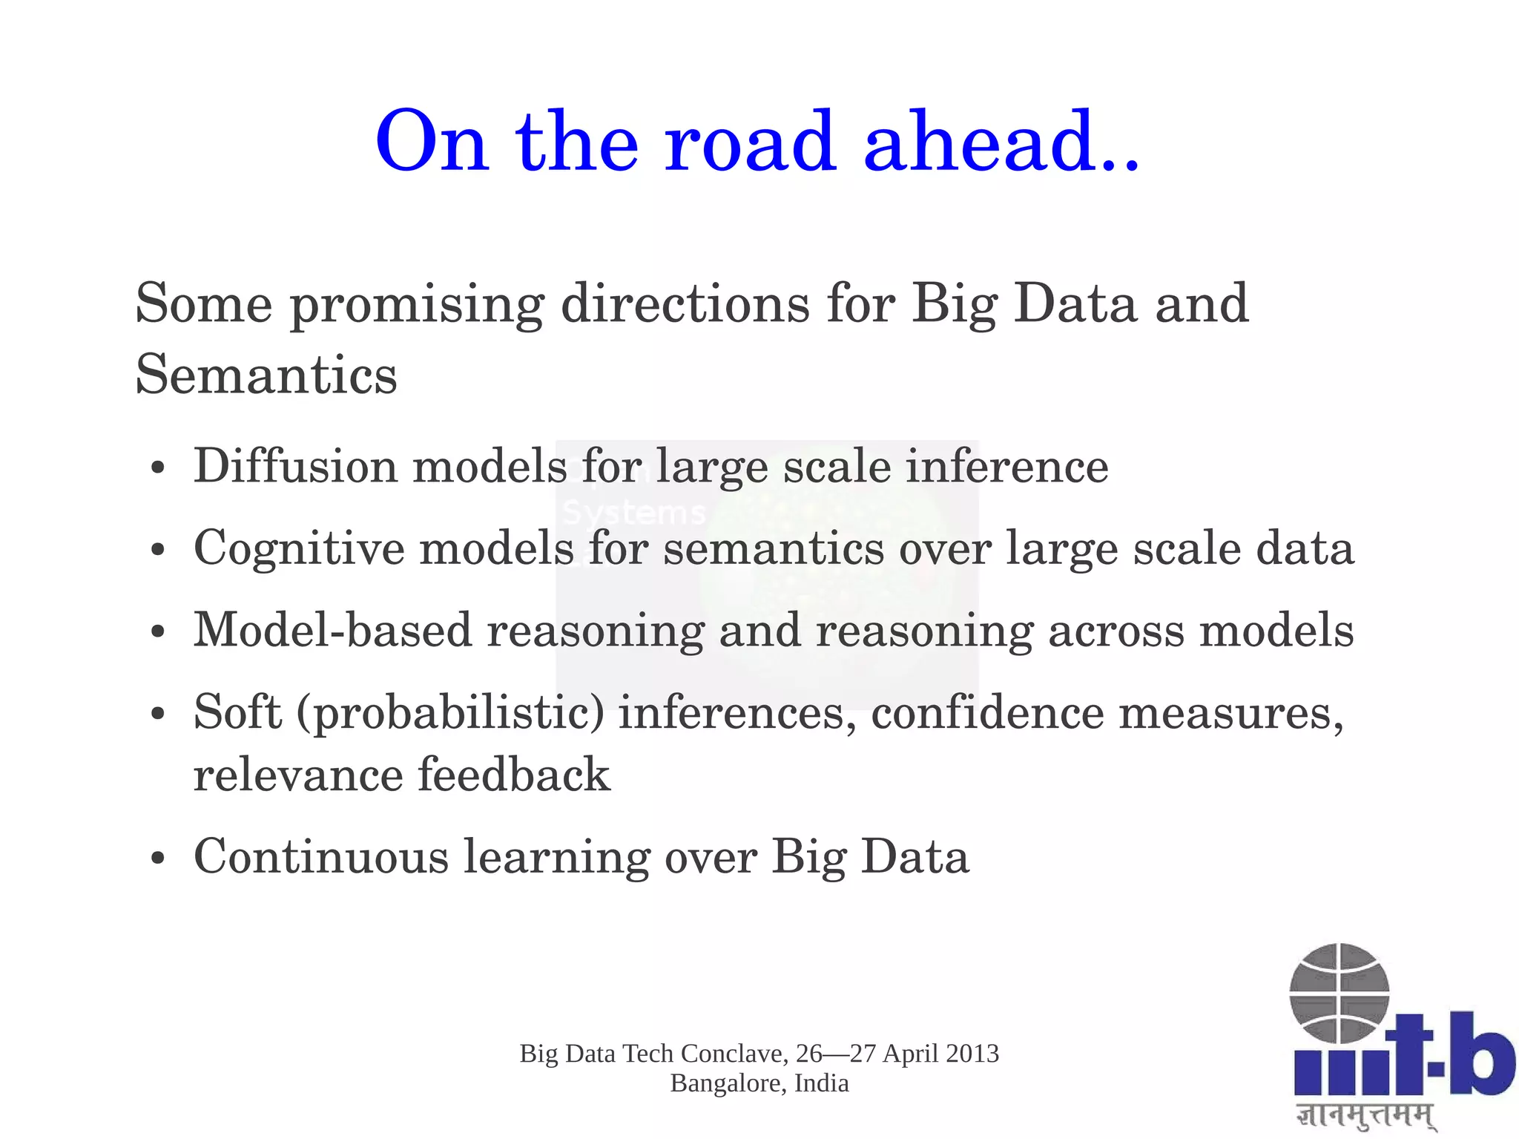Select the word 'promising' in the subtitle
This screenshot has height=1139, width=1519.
(x=417, y=306)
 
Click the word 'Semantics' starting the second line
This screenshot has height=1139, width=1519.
(x=266, y=375)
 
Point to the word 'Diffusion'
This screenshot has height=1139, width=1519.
(x=296, y=467)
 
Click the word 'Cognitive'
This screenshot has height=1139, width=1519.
(x=300, y=549)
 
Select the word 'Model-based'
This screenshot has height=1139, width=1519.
(x=333, y=631)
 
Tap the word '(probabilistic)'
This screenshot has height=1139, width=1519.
(x=450, y=714)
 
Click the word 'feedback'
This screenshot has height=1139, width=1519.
(x=514, y=775)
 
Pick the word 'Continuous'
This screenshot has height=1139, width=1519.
(x=321, y=857)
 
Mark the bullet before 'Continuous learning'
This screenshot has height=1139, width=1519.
(x=156, y=859)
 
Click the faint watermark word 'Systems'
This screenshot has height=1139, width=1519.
(x=633, y=513)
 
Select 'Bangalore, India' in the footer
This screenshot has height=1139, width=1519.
(x=759, y=1083)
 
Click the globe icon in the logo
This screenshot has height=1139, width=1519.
(x=1339, y=992)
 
